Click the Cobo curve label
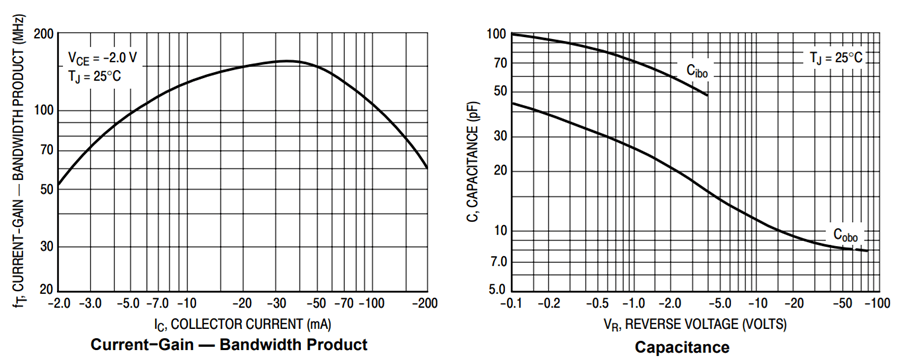point(846,236)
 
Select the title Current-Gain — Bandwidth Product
point(229,345)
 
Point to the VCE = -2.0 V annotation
point(102,57)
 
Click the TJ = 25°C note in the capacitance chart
point(836,58)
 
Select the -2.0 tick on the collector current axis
point(59,303)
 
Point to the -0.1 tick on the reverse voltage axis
point(512,303)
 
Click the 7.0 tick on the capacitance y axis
point(497,262)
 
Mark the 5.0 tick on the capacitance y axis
point(497,291)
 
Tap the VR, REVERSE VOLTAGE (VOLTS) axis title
point(695,325)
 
